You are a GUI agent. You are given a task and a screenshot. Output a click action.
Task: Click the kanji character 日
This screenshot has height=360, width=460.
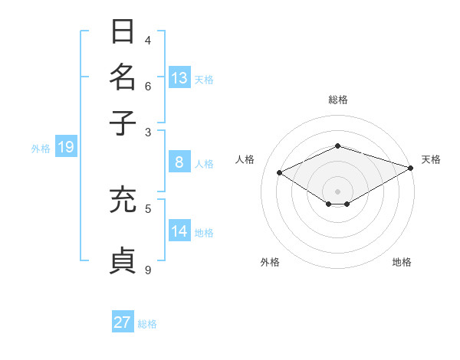tap(123, 32)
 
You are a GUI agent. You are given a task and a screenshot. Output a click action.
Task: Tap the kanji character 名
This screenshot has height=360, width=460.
tap(123, 77)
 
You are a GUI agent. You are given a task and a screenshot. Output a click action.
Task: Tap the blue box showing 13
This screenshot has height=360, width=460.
tap(179, 77)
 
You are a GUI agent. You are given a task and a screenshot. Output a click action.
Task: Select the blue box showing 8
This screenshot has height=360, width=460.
tap(179, 162)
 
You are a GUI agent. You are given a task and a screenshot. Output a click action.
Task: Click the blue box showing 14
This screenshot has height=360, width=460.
tap(179, 231)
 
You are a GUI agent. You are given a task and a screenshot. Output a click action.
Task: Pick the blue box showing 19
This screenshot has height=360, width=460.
tap(65, 147)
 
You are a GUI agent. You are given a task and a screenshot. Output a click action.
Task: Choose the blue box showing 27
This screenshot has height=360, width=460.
tap(123, 322)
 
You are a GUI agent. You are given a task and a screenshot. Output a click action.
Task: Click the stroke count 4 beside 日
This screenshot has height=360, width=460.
tap(148, 40)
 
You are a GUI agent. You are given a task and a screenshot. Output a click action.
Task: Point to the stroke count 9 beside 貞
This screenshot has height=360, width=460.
tap(148, 269)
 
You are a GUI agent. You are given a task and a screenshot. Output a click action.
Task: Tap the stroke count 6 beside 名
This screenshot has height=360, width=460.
tap(148, 85)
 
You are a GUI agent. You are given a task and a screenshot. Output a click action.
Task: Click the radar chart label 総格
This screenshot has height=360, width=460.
tap(338, 100)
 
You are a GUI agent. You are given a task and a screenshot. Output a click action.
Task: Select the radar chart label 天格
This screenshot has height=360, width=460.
tap(431, 159)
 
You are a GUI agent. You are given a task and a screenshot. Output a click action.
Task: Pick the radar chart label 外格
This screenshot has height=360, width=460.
tap(270, 262)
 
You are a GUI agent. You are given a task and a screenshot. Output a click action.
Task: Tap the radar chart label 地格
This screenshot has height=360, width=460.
tap(402, 262)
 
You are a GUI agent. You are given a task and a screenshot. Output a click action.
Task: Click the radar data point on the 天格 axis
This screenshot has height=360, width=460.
tap(412, 168)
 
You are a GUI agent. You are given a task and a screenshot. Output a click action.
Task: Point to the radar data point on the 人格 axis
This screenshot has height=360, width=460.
tap(280, 173)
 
